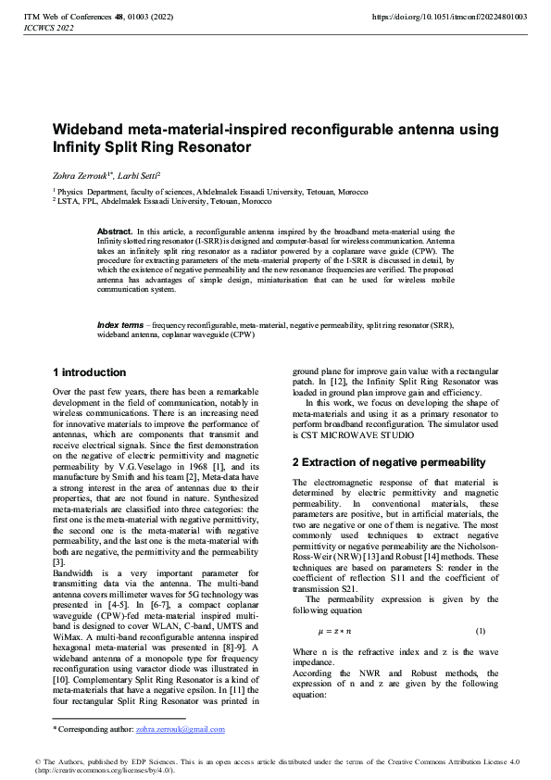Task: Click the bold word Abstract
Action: (115, 231)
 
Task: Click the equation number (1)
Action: (481, 631)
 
